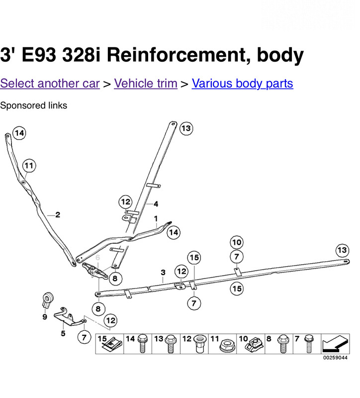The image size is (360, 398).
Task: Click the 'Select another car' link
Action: [50, 83]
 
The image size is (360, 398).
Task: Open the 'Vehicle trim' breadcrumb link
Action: [145, 83]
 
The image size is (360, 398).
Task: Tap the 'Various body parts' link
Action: [242, 83]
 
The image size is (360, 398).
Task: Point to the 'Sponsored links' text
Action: [33, 105]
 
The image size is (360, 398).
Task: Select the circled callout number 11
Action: [29, 165]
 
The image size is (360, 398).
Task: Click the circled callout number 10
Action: [236, 242]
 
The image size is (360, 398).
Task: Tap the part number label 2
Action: [58, 215]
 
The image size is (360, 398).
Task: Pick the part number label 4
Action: [156, 204]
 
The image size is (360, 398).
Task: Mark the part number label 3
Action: [163, 272]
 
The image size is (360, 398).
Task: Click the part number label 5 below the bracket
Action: [63, 334]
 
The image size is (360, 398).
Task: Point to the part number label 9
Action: [44, 316]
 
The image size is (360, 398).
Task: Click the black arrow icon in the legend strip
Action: [333, 344]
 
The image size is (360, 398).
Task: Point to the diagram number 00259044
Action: [334, 358]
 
